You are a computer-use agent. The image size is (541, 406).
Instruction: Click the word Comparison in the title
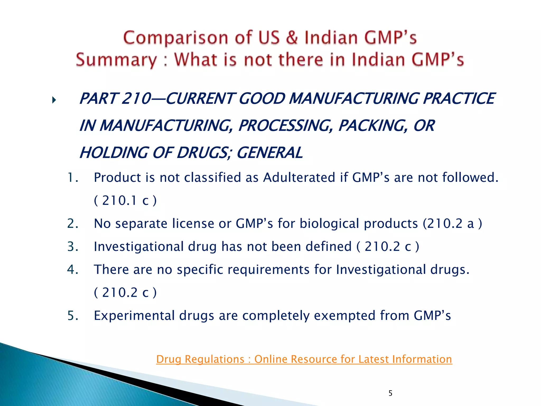[x=175, y=38]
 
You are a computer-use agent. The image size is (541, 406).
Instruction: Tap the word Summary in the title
[x=116, y=60]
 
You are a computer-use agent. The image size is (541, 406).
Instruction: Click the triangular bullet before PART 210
[x=54, y=100]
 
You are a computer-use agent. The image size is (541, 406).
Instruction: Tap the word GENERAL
[x=269, y=153]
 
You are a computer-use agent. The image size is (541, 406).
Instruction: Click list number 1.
[x=72, y=177]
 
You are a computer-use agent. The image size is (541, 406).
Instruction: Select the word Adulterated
[x=299, y=177]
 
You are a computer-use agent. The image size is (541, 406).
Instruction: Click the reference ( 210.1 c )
[x=125, y=200]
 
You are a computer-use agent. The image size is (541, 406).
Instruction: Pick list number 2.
[x=72, y=223]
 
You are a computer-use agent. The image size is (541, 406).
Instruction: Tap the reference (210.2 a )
[x=452, y=223]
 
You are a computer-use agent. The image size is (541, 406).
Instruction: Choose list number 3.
[x=72, y=246]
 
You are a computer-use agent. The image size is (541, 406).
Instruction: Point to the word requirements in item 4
[x=268, y=269]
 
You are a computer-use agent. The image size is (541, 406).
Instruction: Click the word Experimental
[x=134, y=315]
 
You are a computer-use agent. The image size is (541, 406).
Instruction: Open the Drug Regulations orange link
[x=304, y=359]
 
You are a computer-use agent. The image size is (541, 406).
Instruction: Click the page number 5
[x=390, y=393]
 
